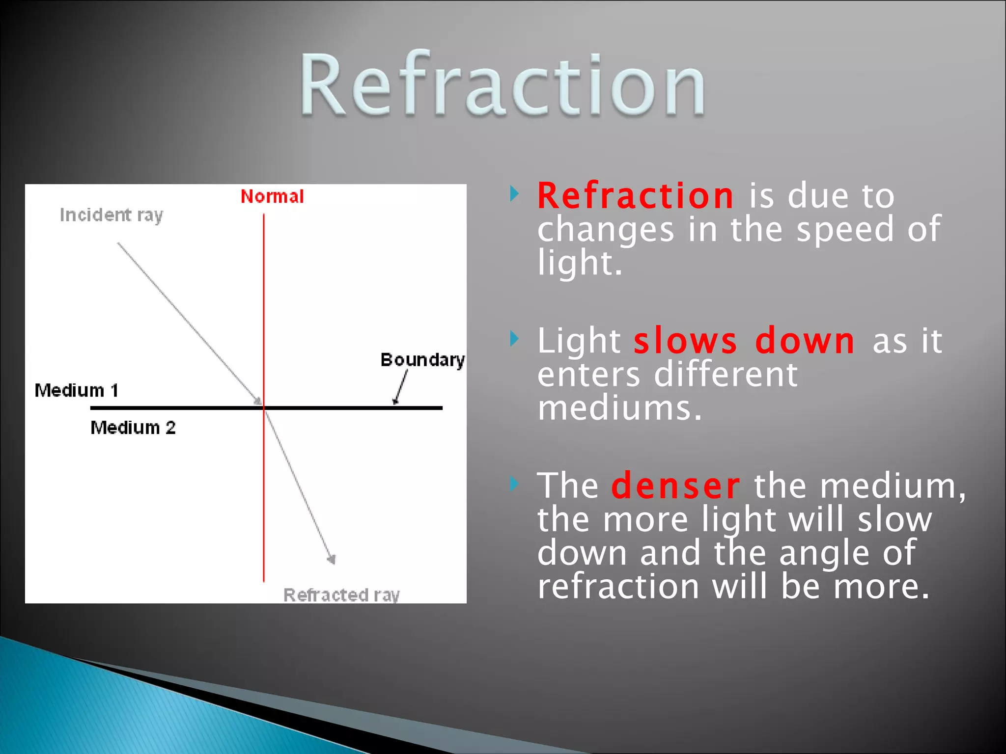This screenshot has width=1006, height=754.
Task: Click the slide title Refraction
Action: point(502,84)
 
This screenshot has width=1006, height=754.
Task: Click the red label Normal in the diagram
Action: point(272,197)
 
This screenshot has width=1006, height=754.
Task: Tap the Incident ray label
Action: point(111,215)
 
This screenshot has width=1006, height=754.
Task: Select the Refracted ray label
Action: point(341,595)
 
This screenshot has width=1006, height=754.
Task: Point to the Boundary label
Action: point(422,360)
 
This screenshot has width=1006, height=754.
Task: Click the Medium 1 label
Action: point(77,391)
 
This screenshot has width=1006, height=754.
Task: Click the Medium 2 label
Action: point(133,428)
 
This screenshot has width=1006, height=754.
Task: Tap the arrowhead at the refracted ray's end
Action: point(332,559)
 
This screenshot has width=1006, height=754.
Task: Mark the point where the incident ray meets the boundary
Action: point(263,407)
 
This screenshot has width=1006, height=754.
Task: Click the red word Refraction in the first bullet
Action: point(635,196)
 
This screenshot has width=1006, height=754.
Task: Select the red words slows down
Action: point(744,341)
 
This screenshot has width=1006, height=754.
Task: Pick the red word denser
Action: point(675,486)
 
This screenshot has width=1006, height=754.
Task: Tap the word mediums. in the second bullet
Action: point(619,408)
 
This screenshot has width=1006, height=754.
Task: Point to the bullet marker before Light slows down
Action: point(514,339)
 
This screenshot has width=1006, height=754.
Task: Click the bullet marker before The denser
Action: point(514,484)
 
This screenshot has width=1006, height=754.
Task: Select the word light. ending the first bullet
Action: point(580,264)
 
